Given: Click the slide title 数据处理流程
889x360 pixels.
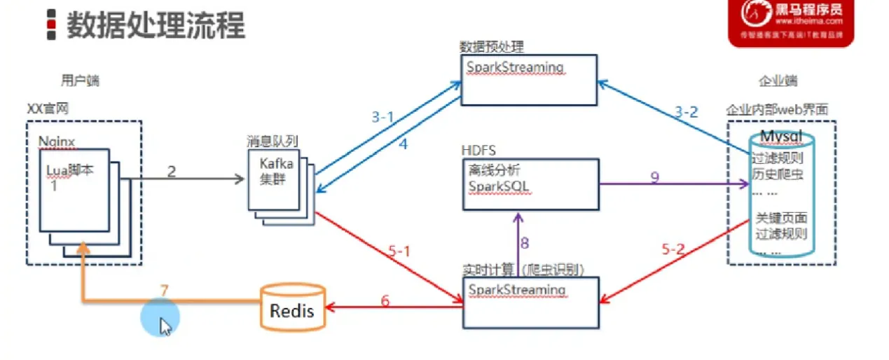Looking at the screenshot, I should tap(156, 25).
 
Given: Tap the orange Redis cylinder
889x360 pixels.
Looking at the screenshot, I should tap(293, 308).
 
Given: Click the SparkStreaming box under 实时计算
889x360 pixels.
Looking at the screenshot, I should tap(530, 302).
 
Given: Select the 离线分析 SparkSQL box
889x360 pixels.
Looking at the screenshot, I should tap(530, 184).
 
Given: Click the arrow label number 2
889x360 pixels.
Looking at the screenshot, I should tap(171, 170).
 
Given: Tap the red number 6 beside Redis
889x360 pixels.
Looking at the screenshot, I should tap(385, 301).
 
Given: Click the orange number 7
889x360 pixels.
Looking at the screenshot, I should tap(165, 289).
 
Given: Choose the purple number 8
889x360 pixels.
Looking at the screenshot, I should tap(523, 244).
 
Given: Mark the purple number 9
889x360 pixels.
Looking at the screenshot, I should tap(654, 177).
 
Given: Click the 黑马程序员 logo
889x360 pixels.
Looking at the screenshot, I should tap(791, 22).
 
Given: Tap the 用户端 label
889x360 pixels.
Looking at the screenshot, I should tap(80, 81).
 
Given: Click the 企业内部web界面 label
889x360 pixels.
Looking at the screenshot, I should tap(777, 110).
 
